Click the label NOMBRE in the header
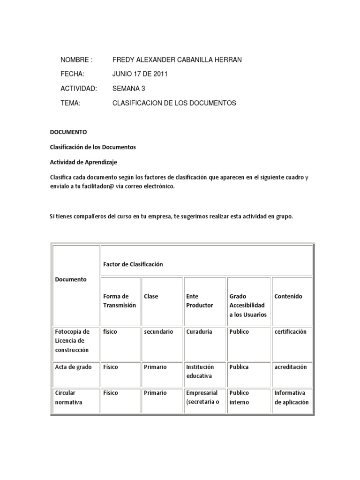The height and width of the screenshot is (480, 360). pyautogui.click(x=76, y=60)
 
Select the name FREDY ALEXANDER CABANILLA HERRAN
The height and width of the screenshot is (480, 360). pyautogui.click(x=177, y=60)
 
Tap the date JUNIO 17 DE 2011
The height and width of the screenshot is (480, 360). pyautogui.click(x=140, y=74)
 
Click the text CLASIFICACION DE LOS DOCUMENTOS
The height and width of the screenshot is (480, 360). pyautogui.click(x=174, y=103)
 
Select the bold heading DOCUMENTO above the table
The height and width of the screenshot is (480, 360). pyautogui.click(x=68, y=132)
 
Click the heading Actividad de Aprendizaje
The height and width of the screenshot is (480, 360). pyautogui.click(x=83, y=162)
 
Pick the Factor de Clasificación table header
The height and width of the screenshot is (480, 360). pyautogui.click(x=133, y=264)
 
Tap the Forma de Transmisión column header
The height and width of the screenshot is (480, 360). pyautogui.click(x=120, y=300)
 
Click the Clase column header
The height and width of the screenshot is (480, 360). pyautogui.click(x=151, y=296)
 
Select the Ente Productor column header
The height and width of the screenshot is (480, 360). pyautogui.click(x=199, y=300)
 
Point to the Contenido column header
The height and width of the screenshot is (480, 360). pyautogui.click(x=288, y=296)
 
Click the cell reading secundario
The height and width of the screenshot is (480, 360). pyautogui.click(x=158, y=331)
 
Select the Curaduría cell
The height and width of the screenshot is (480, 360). pyautogui.click(x=199, y=331)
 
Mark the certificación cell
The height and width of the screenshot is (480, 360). pyautogui.click(x=290, y=331)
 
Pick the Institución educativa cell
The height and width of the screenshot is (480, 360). pyautogui.click(x=200, y=371)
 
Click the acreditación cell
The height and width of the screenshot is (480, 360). pyautogui.click(x=291, y=367)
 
